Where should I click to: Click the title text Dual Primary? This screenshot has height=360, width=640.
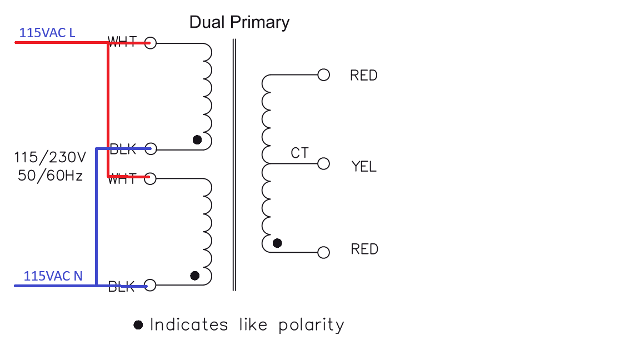click(x=239, y=22)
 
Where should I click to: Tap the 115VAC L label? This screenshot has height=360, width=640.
click(x=47, y=33)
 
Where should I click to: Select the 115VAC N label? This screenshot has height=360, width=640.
click(x=53, y=276)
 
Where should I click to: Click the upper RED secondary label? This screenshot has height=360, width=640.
click(x=363, y=76)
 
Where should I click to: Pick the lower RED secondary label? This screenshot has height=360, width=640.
click(x=364, y=249)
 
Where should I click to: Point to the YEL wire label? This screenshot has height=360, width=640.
click(x=363, y=166)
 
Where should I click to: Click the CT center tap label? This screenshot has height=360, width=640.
click(x=299, y=153)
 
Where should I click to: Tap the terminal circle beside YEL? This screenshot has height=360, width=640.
click(x=323, y=164)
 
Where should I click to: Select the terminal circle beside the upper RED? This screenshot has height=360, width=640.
click(x=323, y=74)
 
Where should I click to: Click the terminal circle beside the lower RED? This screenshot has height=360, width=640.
click(x=323, y=252)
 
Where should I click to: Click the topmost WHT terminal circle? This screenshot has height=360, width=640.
click(x=150, y=43)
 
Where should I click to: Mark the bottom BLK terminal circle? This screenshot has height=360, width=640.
click(x=150, y=286)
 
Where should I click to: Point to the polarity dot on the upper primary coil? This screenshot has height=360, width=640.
click(x=197, y=139)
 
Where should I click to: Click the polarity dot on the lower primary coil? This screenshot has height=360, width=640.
click(x=195, y=276)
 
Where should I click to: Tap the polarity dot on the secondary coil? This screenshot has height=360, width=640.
click(x=277, y=243)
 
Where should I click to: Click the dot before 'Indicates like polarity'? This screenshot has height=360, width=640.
click(x=138, y=325)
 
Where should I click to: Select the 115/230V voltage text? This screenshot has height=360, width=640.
click(x=49, y=157)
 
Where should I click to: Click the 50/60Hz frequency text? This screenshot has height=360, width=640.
click(x=50, y=176)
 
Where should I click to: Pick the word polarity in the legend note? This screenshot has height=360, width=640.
click(x=311, y=325)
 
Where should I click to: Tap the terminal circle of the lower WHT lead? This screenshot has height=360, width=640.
click(x=150, y=178)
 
